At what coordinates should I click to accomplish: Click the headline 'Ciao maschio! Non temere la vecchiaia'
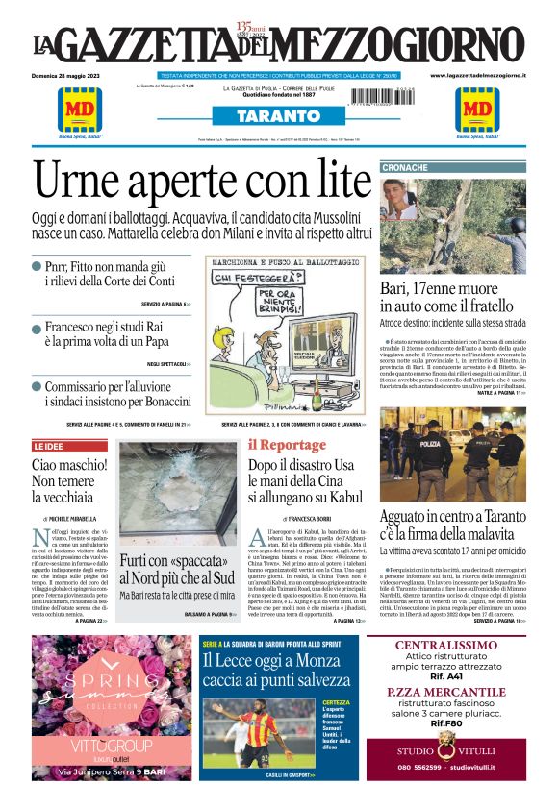(64, 480)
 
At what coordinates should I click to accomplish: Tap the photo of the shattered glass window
(177, 490)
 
